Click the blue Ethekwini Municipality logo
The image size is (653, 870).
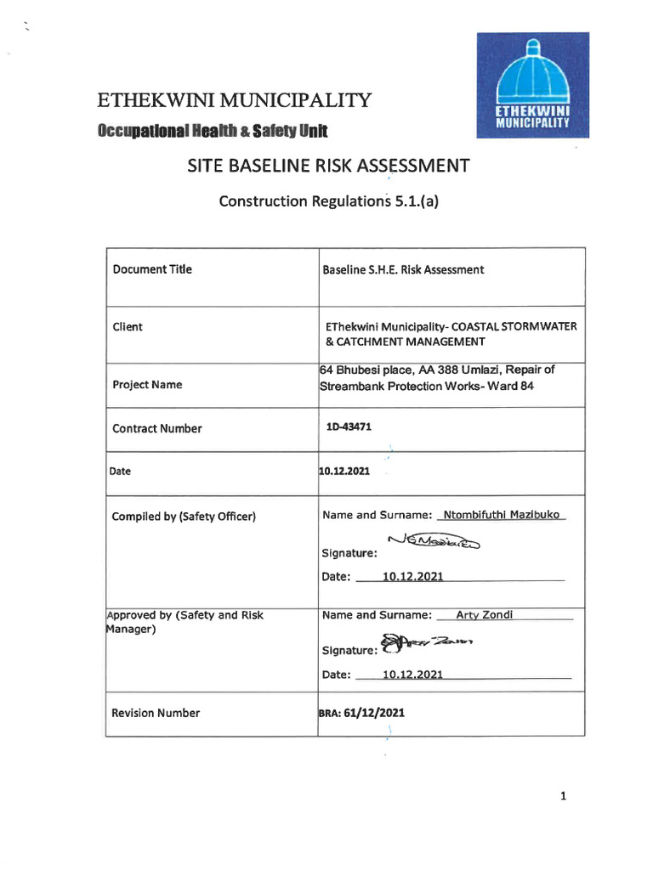coord(532,85)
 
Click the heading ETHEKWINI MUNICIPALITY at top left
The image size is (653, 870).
coord(234,101)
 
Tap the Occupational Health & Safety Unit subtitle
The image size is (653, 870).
coord(212,130)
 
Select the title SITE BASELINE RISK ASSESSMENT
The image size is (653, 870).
coord(327,165)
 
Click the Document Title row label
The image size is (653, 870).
coord(152,269)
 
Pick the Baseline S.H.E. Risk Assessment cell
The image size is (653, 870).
coord(403,270)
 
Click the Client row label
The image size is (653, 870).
coord(128,326)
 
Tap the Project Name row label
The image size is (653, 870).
coord(147,385)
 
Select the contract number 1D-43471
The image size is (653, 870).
coord(349,427)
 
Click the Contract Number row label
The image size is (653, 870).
coord(157,428)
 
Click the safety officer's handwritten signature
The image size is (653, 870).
coord(433,541)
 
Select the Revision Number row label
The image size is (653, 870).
coord(156,713)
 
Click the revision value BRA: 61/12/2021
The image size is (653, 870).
coord(361,713)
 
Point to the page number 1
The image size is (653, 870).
coord(563,796)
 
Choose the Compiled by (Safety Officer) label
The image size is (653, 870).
coord(184,517)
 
